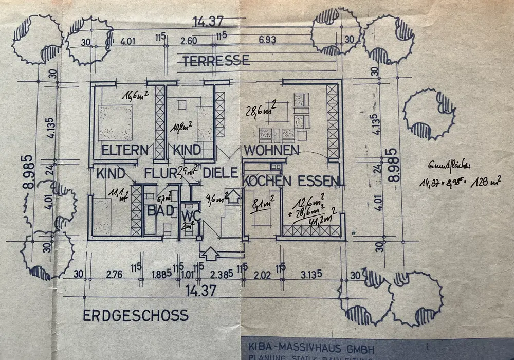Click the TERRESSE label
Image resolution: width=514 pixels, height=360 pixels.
[x=216, y=60]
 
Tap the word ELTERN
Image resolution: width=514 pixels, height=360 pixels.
[x=125, y=150]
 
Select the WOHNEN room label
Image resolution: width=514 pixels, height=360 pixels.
[x=271, y=150]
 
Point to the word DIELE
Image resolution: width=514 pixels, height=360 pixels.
[x=219, y=173]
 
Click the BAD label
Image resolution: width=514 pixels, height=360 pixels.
[x=158, y=211]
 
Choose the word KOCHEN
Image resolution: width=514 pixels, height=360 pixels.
[x=267, y=181]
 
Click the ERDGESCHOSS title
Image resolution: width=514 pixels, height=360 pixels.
[x=136, y=315]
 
